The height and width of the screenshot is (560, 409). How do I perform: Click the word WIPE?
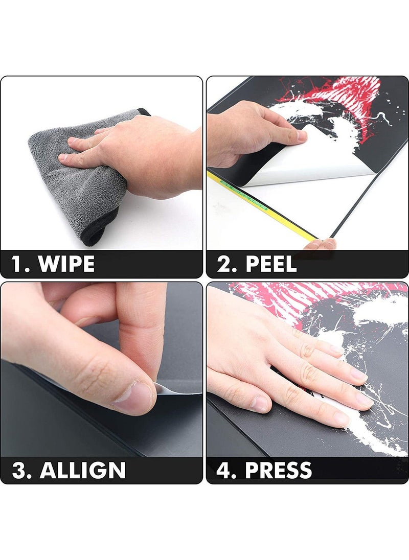66,264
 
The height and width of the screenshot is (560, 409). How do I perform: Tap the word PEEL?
271,264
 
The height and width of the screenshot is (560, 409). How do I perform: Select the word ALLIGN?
83,470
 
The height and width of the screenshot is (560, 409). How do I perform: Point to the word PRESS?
278,470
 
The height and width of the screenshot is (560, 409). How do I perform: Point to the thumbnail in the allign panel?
132,397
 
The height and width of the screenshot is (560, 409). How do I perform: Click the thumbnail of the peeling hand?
302,135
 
